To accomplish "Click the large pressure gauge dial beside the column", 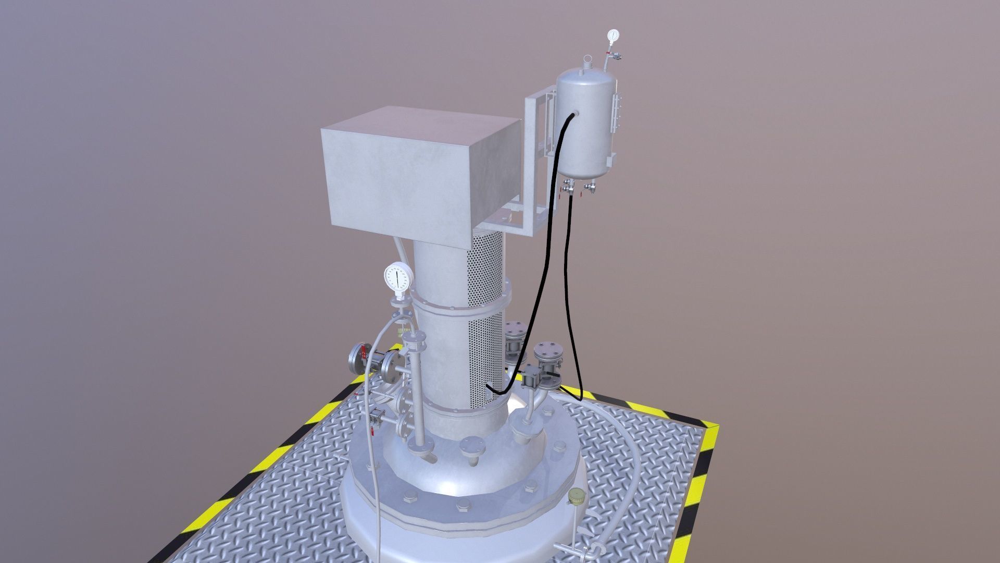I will pos(397,278).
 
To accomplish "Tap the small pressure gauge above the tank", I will pos(613,35).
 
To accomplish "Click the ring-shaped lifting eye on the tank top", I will pos(588,62).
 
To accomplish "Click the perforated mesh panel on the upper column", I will pos(485,318).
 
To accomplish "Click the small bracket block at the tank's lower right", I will pos(612,157).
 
